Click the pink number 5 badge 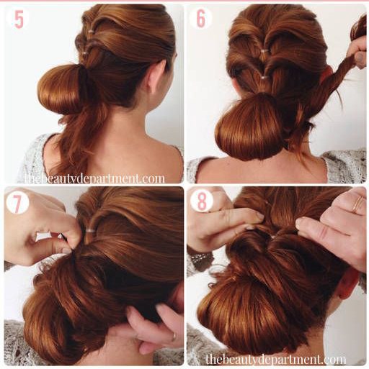tap(18, 19)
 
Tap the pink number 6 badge tap(201, 19)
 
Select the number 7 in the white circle tap(17, 203)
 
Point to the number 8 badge tap(202, 201)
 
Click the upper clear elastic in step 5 tap(91, 31)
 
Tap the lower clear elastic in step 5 tap(84, 53)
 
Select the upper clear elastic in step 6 tap(264, 51)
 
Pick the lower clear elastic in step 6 tap(264, 78)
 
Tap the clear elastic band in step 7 tap(91, 231)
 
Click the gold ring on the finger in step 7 tap(174, 336)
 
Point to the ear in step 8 tap(349, 283)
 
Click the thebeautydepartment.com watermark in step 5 tap(95, 178)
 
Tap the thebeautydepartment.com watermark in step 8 tap(275, 360)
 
